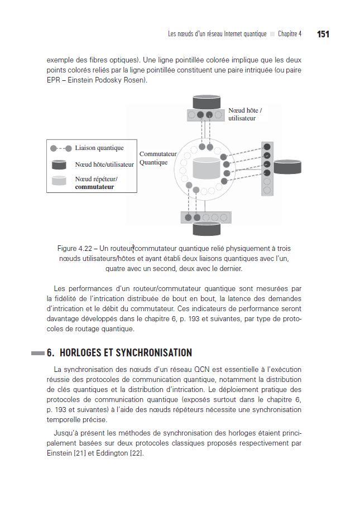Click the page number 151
323,34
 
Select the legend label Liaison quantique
99,148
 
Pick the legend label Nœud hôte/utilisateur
104,165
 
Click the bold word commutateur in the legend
94,187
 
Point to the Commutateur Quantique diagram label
157,158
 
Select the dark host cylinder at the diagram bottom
207,228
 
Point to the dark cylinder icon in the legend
60,165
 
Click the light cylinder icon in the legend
60,181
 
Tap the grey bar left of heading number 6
38,353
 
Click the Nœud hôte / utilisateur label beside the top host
245,115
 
